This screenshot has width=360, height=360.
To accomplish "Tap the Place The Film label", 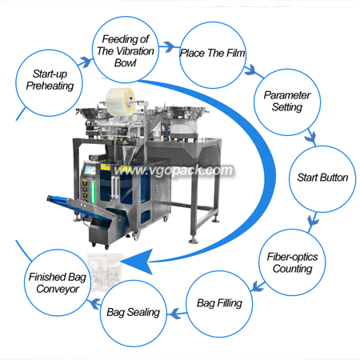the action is [213, 53].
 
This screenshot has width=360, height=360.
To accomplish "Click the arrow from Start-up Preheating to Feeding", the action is [86, 62].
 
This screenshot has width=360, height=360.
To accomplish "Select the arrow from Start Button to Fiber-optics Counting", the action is [313, 220].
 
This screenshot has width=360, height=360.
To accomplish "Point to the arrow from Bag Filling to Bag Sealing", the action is [177, 314].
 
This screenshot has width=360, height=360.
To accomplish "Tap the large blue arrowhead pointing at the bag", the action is [138, 262].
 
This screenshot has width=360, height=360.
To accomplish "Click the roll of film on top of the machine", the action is [121, 101].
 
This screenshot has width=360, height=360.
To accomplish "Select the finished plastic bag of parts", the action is [106, 271].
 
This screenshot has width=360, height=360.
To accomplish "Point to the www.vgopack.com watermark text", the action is [174, 170].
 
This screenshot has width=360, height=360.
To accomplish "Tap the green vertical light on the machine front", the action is [93, 192].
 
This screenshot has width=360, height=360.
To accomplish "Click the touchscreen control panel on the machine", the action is [90, 170].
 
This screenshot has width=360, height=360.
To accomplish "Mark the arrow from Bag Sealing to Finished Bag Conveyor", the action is [94, 304].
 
